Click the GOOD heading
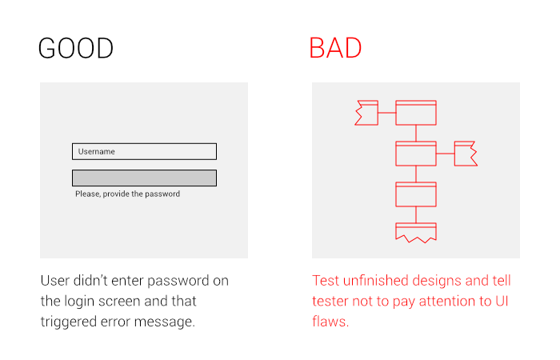pos(76,48)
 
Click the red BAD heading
pos(335,48)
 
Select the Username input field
pos(144,151)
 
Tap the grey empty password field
pos(144,178)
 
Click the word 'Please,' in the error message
pos(88,194)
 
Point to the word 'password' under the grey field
pos(162,194)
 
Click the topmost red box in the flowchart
pos(416,113)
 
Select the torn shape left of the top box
pos(366,113)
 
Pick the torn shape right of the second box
pos(466,154)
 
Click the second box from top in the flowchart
pos(416,154)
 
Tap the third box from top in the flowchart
pos(416,194)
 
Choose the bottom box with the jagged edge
pos(416,232)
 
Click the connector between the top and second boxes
pos(416,134)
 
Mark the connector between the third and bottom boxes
pos(416,214)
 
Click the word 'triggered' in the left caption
pos(69,322)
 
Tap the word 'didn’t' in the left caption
pos(90,281)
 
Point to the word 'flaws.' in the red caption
pos(330,322)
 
